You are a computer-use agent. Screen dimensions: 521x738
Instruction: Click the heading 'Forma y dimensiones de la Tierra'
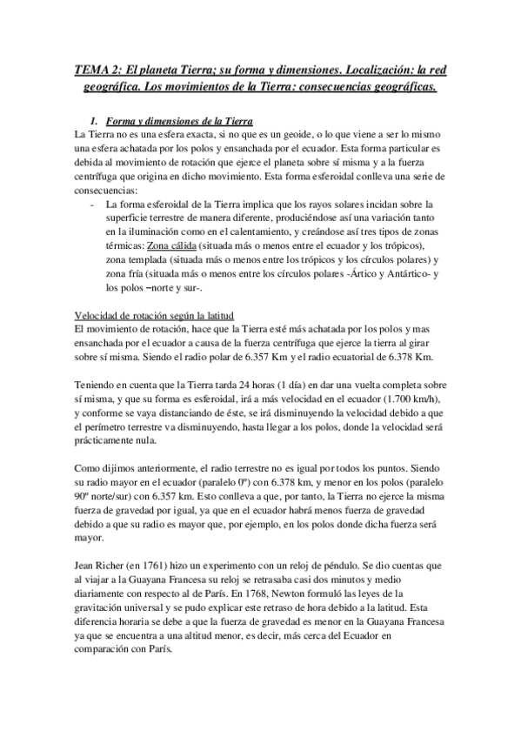coord(178,118)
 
